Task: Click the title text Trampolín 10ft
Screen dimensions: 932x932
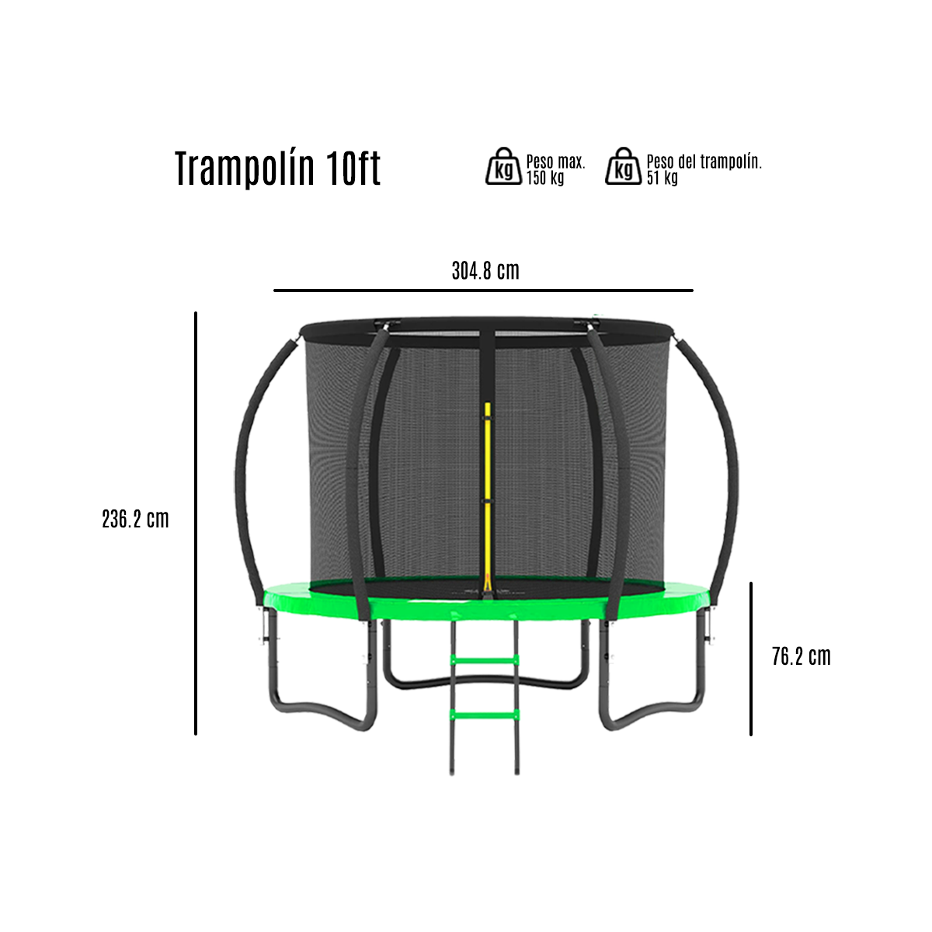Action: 277,169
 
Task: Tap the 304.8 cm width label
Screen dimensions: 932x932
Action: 485,271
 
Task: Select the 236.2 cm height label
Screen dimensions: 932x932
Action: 135,519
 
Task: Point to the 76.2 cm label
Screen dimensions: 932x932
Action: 801,657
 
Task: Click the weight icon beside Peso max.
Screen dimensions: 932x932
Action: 503,166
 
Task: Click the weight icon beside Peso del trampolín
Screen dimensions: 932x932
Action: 624,166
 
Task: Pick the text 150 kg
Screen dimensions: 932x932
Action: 545,178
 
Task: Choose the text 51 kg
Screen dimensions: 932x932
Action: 662,178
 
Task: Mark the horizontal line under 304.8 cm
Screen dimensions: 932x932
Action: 482,290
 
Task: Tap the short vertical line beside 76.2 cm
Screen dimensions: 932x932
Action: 751,658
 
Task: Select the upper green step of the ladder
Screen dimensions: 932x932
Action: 485,660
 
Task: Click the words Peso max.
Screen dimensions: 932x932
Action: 555,162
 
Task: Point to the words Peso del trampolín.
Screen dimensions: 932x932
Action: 704,162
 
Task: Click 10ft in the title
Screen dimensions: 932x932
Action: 354,169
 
